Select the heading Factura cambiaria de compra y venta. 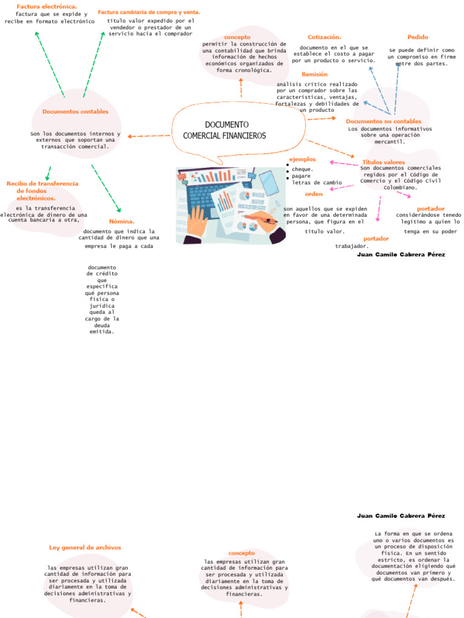pos(149,12)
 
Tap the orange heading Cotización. pos(324,37)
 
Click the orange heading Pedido pos(417,37)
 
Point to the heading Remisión pos(315,74)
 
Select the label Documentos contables pos(76,112)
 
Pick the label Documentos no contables pos(383,121)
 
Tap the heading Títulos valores pos(383,162)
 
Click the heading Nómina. pos(121,221)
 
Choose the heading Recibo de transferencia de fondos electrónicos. pos(42,190)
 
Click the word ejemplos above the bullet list pos(303,159)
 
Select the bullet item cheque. pos(302,169)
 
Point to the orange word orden pos(314,194)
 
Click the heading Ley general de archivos pos(85,547)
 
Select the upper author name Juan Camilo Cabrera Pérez pos(401,255)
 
